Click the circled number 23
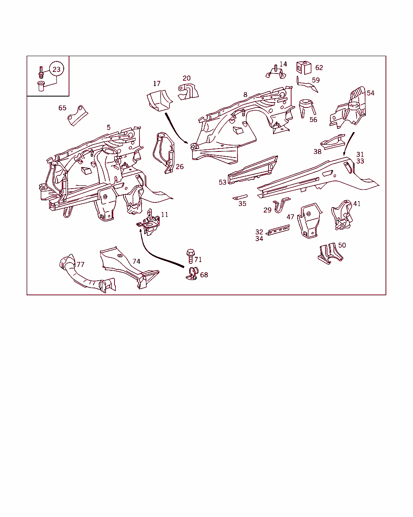pos(56,69)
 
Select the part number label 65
pos(63,108)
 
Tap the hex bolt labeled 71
pos(190,256)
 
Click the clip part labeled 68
pos(192,273)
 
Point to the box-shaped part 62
pos(304,67)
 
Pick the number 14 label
pos(283,64)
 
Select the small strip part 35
pos(240,197)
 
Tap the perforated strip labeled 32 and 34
pos(278,230)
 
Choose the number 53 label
pos(223,182)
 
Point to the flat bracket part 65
pos(77,116)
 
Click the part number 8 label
pos(245,95)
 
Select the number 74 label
pos(136,261)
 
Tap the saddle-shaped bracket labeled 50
pos(330,254)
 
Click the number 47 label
pos(290,217)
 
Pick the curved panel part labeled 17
pos(159,101)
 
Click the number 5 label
pos(109,127)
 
